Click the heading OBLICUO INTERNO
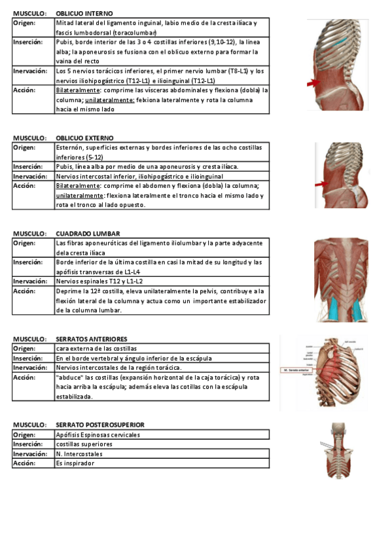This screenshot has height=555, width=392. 84,13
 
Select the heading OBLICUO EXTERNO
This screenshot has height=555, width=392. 84,138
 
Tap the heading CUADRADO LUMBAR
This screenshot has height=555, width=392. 88,234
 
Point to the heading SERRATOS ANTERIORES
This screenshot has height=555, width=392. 92,339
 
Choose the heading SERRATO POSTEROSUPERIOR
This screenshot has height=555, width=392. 100,425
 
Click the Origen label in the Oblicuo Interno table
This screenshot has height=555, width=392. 25,23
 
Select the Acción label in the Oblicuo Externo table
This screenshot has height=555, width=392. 25,186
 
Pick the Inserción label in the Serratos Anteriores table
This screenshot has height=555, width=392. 28,359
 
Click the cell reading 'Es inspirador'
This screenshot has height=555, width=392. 75,463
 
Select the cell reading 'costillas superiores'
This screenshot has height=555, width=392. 84,444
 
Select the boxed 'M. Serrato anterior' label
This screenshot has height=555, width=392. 296,370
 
